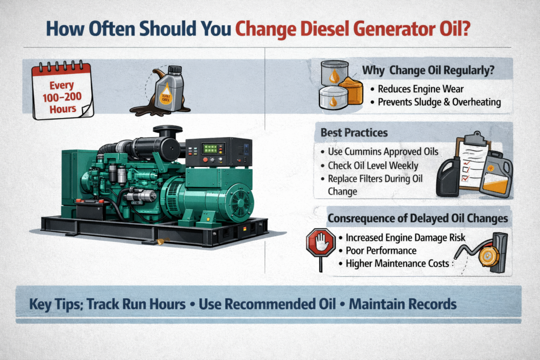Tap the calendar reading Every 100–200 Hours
tap(63, 91)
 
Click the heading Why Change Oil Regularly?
tap(428, 70)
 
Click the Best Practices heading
tap(354, 133)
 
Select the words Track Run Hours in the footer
tap(136, 304)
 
